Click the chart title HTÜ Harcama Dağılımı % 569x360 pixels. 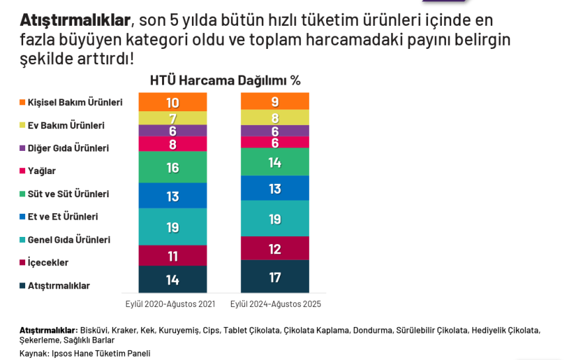pos(225,81)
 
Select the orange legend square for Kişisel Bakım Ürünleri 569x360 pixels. pos(22,103)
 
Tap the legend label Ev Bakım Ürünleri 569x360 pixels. pos(66,125)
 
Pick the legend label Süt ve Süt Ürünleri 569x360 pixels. pos(68,194)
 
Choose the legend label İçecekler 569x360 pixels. pos(48,263)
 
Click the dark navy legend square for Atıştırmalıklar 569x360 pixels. pos(22,286)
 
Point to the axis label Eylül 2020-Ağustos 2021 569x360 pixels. pos(171,304)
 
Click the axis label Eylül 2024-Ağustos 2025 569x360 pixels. pos(275,304)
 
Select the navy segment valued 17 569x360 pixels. pos(275,277)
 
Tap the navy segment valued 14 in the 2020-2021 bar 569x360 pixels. pos(173,279)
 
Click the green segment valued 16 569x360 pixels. pos(173,167)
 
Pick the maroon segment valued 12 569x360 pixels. pos(275,249)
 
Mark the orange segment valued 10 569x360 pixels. pos(173,103)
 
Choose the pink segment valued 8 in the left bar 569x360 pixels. pos(173,144)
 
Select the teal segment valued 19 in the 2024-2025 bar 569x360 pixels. pos(275,219)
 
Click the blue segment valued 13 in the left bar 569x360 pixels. pos(173,196)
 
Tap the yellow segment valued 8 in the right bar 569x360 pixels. pos(275,118)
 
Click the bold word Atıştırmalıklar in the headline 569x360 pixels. pos(75,20)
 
